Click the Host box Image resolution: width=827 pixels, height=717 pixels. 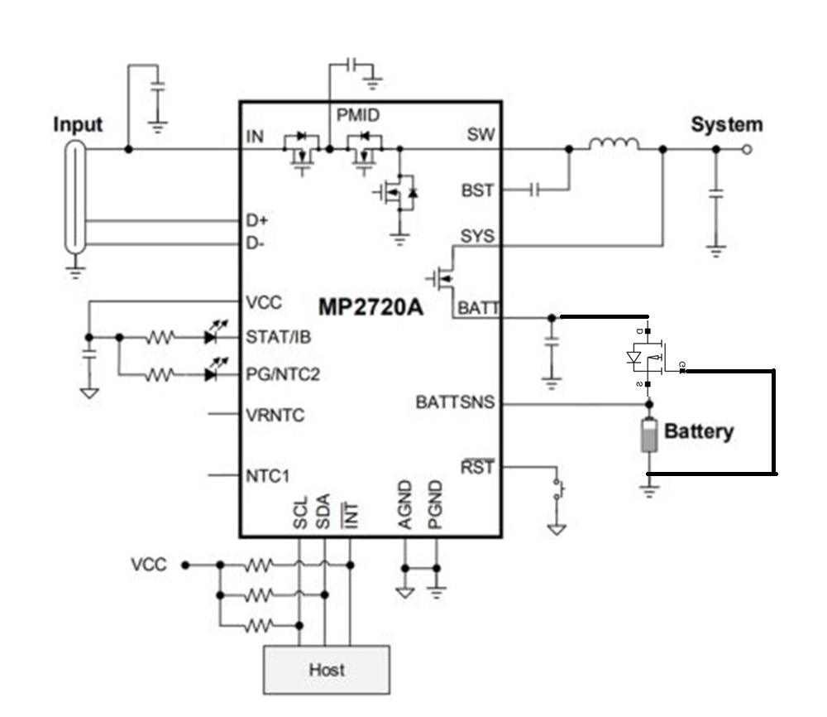326,669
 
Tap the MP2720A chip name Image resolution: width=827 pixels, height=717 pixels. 370,307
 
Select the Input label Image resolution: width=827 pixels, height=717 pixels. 78,125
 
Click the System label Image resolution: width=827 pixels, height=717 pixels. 727,125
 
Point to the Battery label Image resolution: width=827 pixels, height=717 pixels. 699,431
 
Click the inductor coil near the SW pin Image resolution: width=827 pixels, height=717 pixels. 614,145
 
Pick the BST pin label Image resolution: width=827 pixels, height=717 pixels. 477,190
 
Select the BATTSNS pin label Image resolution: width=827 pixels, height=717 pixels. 456,403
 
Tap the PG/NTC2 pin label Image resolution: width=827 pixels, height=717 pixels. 283,374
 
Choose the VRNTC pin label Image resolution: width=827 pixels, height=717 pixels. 275,415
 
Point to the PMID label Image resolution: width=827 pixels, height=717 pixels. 358,115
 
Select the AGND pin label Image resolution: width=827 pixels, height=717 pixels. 405,504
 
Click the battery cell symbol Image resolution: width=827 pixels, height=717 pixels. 649,435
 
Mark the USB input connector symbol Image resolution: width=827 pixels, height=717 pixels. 76,197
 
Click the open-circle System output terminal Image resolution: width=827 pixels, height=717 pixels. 747,149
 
